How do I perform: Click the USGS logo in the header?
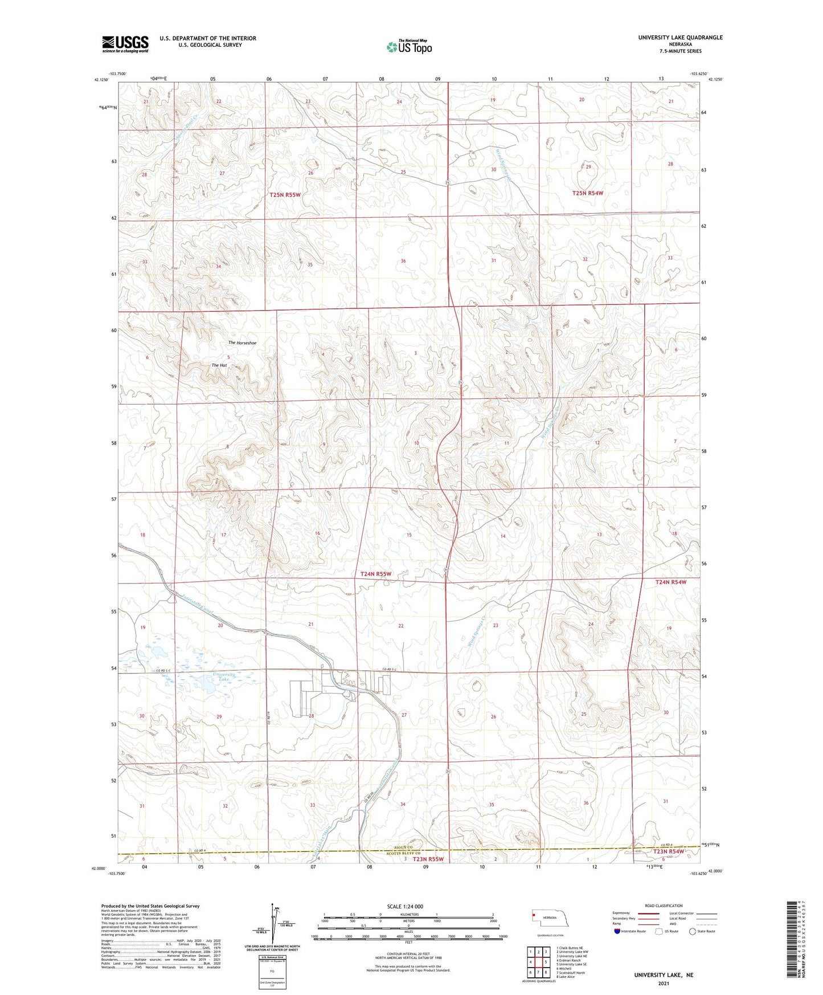[125, 43]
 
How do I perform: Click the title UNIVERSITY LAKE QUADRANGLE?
[680, 38]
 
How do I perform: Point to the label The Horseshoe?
[242, 343]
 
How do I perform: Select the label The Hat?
[219, 365]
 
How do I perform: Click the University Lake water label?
[224, 677]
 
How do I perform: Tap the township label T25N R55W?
[285, 195]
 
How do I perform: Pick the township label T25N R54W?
[587, 193]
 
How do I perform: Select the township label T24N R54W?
[671, 582]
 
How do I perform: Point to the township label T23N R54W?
[669, 851]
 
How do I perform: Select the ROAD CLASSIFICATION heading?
[664, 906]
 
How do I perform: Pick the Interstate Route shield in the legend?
[617, 931]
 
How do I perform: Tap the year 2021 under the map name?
[664, 984]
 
